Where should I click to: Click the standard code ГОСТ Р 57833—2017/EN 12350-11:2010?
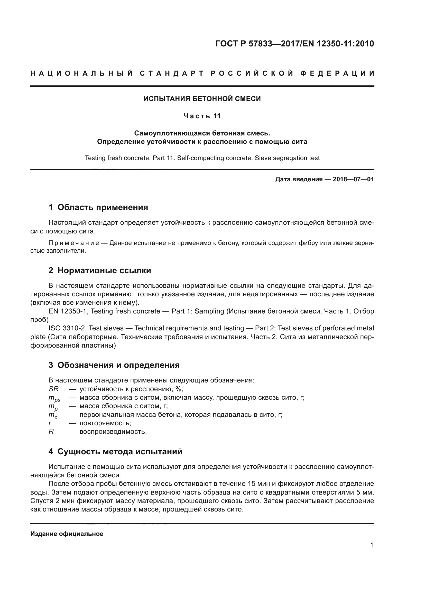(295, 44)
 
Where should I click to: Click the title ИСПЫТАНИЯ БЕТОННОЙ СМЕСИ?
(202, 99)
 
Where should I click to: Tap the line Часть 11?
(202, 116)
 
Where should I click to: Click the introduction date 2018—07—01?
(353, 179)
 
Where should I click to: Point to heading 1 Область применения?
(98, 208)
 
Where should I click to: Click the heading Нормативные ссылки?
(104, 270)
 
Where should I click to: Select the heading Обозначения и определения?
(118, 365)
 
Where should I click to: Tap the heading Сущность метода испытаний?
(119, 451)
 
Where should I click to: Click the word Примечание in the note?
(74, 243)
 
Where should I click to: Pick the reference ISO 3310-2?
(66, 328)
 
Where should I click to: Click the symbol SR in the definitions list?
(53, 389)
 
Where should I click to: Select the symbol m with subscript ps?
(54, 398)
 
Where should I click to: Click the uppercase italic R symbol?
(51, 432)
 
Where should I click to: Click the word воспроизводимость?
(113, 432)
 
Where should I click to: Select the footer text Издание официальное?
(67, 534)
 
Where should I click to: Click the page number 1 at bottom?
(372, 545)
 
